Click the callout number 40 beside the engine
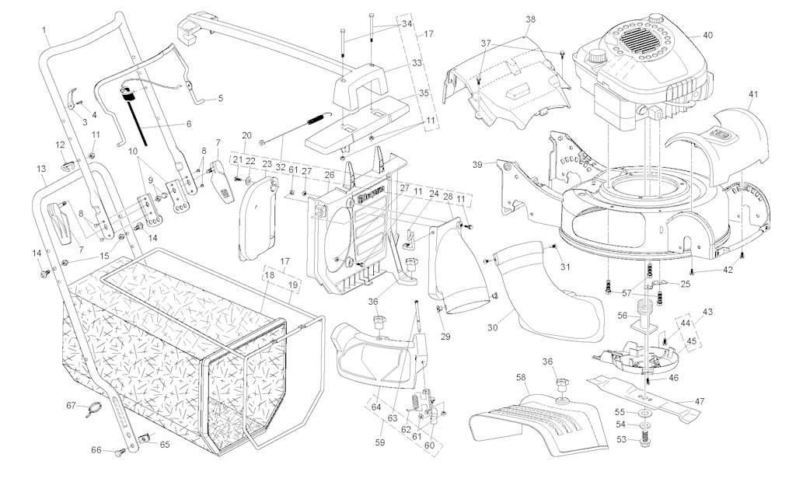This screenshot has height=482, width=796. (707, 36)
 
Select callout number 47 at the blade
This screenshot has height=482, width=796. (700, 401)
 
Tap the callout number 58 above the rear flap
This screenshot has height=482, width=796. (521, 376)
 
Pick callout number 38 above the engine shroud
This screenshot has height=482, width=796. (530, 19)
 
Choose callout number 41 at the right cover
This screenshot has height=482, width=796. (752, 95)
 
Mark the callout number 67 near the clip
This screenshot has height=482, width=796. (71, 405)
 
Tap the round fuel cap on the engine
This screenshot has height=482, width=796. (597, 58)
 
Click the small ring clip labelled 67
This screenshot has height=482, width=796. (92, 407)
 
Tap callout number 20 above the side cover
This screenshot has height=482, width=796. (246, 135)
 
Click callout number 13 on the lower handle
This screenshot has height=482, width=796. (41, 169)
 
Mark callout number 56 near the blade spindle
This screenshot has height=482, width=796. (621, 316)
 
